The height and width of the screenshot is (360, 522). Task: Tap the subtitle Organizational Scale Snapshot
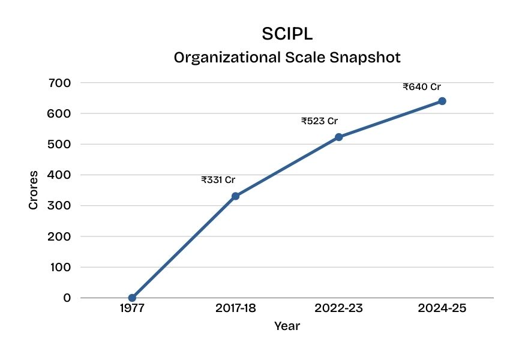click(x=287, y=58)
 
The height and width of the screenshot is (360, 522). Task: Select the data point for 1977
click(x=132, y=298)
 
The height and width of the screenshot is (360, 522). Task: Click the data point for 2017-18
click(x=235, y=196)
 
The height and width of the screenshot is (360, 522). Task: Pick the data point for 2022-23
click(x=338, y=137)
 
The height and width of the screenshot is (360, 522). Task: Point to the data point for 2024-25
click(x=442, y=101)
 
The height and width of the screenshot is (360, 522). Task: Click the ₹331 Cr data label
click(x=218, y=179)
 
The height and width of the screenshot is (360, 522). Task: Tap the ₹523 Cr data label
click(x=319, y=121)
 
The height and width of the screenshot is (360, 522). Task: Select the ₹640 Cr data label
click(x=422, y=86)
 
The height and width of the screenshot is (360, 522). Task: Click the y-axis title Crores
click(x=34, y=190)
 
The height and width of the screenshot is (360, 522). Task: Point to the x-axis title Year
click(x=287, y=326)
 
